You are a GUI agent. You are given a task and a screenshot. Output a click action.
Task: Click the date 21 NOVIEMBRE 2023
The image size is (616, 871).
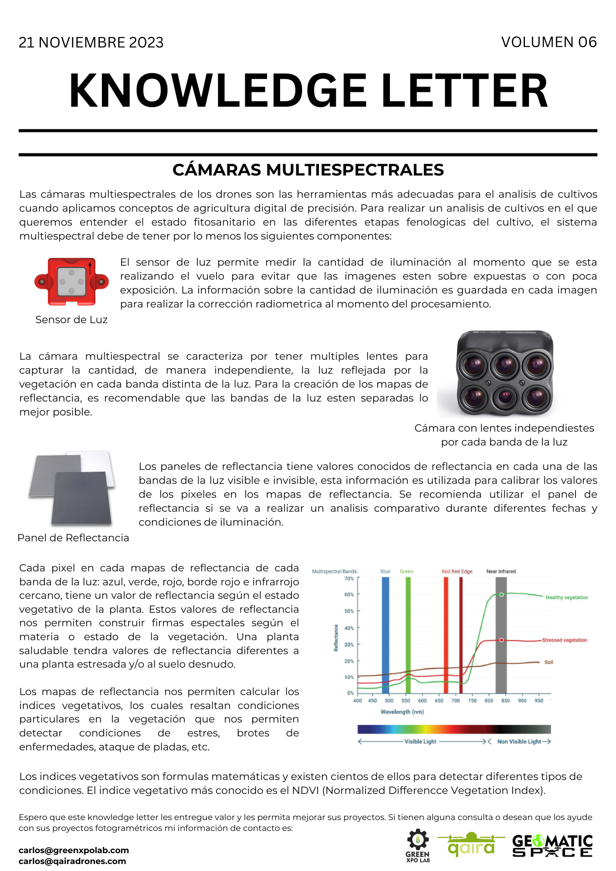[x=91, y=43]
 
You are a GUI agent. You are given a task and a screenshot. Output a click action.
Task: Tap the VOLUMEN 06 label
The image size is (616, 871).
[x=548, y=42]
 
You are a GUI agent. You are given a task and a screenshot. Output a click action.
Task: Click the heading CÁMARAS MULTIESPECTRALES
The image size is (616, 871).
[x=308, y=170]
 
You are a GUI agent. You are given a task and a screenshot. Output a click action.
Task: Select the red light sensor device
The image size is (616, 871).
[x=71, y=281]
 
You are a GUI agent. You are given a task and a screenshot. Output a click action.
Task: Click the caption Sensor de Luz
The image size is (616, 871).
[x=71, y=320]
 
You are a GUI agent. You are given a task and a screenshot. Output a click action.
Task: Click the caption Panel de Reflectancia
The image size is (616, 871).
[x=73, y=538]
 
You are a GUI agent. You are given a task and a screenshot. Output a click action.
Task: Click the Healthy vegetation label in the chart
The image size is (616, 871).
[x=567, y=598]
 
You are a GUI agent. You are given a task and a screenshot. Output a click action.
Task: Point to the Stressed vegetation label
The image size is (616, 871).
[x=565, y=640]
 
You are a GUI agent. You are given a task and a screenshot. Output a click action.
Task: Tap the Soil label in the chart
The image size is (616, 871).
[x=548, y=662]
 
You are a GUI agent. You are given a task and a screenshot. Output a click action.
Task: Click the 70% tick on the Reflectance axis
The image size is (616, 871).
[x=349, y=579]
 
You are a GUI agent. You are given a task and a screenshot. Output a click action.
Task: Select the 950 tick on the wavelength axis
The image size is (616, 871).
[x=539, y=701]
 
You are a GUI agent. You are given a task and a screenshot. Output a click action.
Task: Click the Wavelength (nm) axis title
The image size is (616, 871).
[x=402, y=712]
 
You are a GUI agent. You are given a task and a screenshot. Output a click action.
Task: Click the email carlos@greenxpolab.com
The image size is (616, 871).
[x=74, y=850]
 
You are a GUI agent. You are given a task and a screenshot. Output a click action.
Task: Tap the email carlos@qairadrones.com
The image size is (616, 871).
[x=72, y=861]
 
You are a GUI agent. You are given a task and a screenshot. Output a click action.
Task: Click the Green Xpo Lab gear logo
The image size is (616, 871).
[x=418, y=845]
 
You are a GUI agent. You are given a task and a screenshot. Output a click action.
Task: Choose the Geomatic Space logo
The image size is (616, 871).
[x=552, y=846]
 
